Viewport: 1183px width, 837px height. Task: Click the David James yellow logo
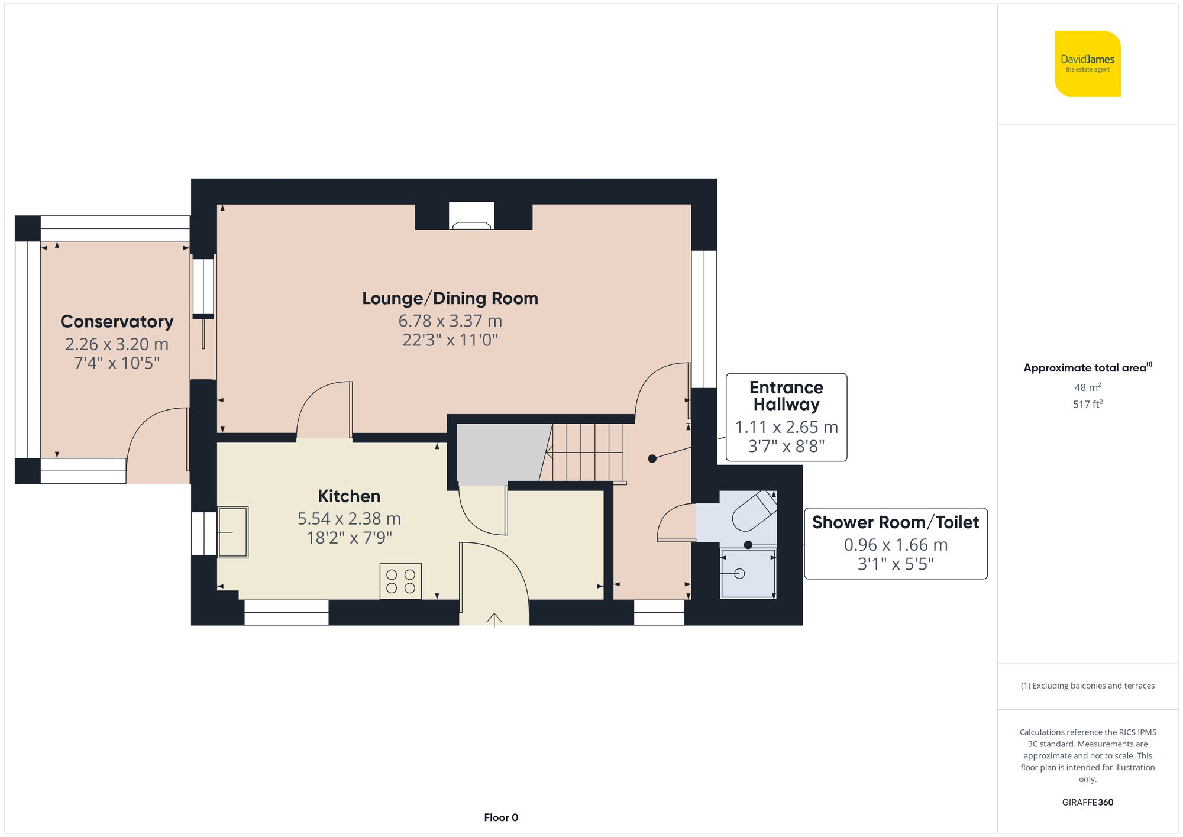(x=1087, y=64)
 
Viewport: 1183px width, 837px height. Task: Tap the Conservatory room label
(x=117, y=321)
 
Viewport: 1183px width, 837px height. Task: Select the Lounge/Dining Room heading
(x=450, y=298)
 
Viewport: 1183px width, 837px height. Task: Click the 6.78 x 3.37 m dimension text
(x=450, y=321)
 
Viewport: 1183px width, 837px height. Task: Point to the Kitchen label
(x=349, y=496)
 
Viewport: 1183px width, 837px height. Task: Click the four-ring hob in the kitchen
(x=400, y=581)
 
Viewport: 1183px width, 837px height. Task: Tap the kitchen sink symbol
(x=233, y=532)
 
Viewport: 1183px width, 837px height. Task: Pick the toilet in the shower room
(x=754, y=511)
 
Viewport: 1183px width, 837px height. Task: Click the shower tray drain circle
(x=739, y=573)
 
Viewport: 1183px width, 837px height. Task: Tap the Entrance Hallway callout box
(x=786, y=417)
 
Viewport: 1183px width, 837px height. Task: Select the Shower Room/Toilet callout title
(x=896, y=522)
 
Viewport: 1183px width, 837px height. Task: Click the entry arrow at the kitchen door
(x=494, y=620)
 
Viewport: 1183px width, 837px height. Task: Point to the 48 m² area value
(x=1087, y=387)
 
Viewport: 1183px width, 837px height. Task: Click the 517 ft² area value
(x=1087, y=404)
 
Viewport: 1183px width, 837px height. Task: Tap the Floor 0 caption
(x=501, y=817)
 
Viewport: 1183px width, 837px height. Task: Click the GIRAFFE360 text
(x=1087, y=802)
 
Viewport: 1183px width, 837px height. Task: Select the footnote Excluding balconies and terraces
(x=1087, y=686)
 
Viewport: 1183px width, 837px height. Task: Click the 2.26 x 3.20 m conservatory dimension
(x=117, y=344)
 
